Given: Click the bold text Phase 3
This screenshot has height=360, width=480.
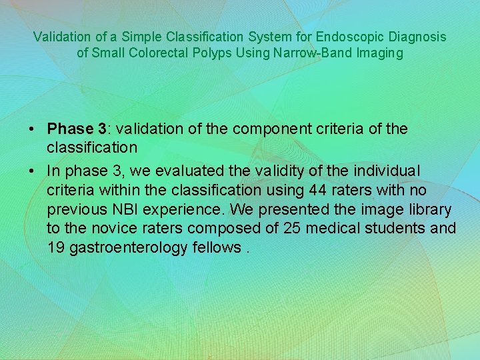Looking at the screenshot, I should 77,128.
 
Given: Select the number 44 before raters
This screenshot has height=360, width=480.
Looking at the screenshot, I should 315,190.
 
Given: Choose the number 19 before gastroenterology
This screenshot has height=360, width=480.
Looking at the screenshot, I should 55,247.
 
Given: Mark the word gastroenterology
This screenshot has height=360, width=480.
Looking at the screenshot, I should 133,247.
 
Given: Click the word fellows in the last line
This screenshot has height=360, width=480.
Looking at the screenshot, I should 223,247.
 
